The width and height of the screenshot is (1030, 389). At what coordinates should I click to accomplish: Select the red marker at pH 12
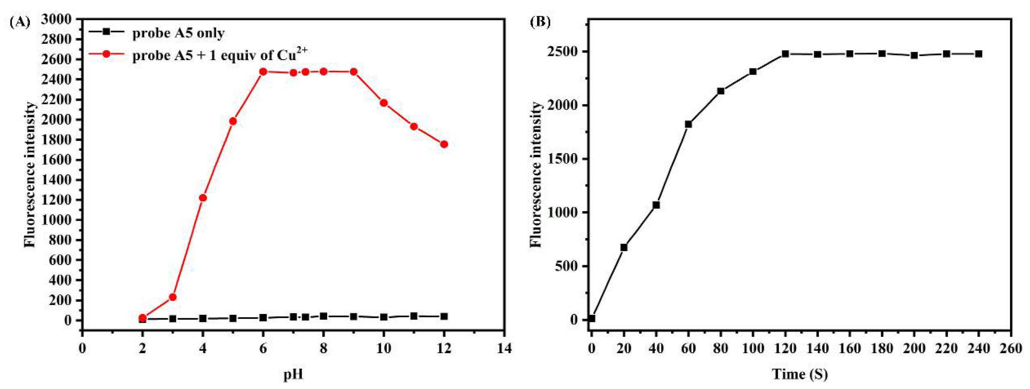(444, 144)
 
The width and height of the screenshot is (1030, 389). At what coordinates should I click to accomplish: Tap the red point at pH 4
(203, 198)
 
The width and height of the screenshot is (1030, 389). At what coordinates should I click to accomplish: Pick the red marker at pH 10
(384, 103)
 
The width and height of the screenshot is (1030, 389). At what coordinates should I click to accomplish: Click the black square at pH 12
(444, 316)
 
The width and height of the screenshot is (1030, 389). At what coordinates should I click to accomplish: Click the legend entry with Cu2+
(219, 56)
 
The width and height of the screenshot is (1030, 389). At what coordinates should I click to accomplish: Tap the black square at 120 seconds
(785, 54)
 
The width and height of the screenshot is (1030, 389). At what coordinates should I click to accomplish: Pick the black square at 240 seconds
(978, 54)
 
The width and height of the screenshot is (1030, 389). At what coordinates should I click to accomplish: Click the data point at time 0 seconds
(592, 318)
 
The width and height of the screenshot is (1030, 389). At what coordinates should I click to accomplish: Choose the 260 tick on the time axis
(1011, 348)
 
